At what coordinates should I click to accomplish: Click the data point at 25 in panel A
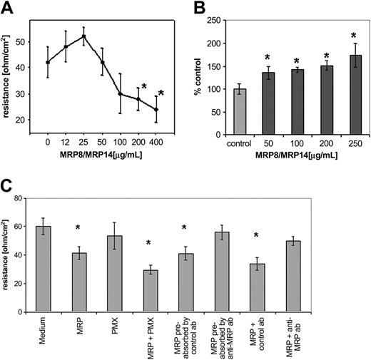pyautogui.click(x=84, y=36)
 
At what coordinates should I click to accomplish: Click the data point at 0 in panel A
pyautogui.click(x=47, y=62)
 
